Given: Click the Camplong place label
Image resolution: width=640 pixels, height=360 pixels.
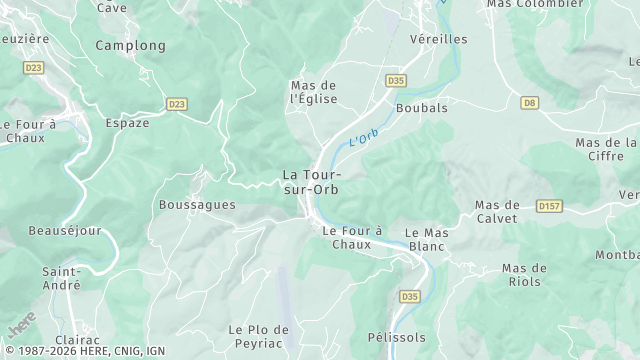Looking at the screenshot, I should [130, 46].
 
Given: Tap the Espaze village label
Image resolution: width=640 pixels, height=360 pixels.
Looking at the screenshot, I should [127, 123].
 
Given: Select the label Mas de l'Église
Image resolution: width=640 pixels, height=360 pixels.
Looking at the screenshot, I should [314, 92].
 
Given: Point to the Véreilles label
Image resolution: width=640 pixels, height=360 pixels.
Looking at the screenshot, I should [438, 39].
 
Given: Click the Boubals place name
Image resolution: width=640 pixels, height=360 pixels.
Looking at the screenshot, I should [421, 107].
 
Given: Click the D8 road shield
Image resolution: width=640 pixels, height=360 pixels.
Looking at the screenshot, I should [530, 102].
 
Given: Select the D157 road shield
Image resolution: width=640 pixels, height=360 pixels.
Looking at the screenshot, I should [548, 206].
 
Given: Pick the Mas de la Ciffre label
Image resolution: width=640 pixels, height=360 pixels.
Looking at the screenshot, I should [606, 149].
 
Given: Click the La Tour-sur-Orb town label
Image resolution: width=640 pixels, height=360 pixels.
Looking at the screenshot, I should [312, 182].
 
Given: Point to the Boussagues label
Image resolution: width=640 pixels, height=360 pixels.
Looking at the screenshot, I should [197, 205].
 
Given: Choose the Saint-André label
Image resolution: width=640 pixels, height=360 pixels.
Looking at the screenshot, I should [61, 278].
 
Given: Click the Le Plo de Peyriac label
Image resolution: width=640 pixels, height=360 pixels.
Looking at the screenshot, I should [258, 336].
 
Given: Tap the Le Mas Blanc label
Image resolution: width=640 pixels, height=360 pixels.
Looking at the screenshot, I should [426, 239].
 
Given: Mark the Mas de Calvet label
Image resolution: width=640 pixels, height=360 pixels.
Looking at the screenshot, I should [497, 211].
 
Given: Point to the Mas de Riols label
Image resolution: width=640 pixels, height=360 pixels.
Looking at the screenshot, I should [524, 275].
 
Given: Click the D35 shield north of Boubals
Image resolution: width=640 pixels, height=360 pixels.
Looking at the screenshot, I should [396, 80].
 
